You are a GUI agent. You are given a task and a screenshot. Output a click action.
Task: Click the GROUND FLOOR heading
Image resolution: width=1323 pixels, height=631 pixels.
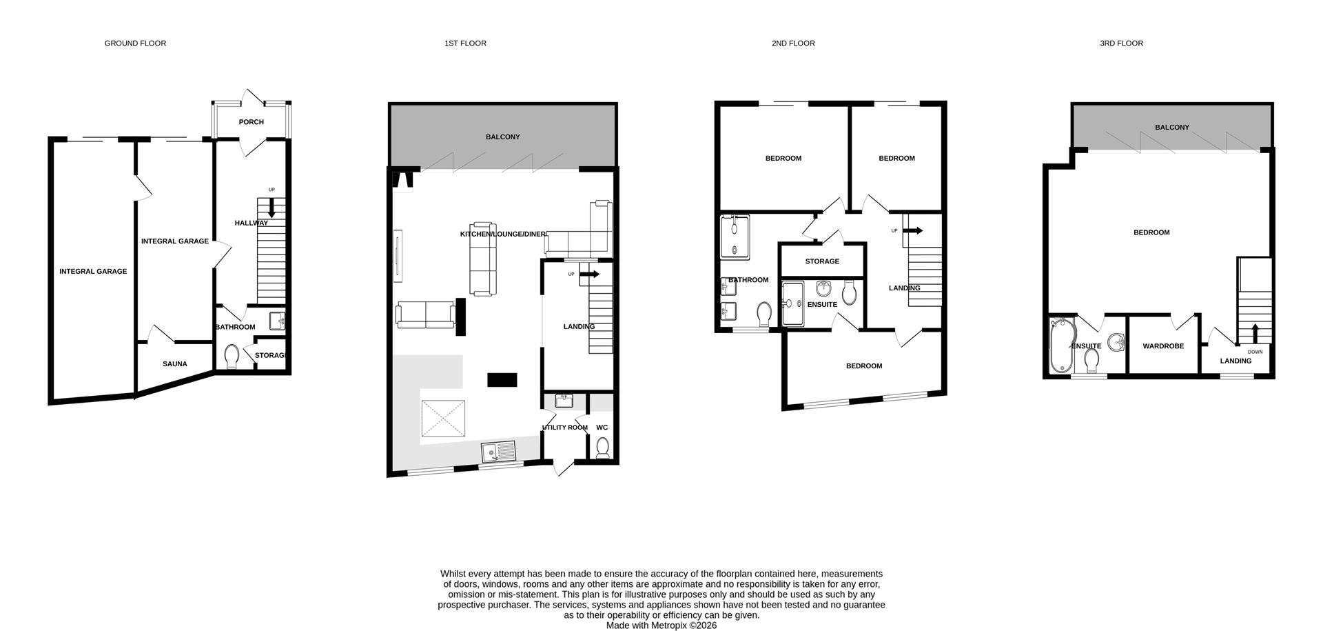(135, 43)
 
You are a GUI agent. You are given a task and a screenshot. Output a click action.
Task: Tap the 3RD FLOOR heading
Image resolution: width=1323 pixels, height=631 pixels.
(1121, 43)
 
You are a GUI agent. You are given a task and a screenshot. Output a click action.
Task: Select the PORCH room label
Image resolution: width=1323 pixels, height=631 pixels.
(251, 122)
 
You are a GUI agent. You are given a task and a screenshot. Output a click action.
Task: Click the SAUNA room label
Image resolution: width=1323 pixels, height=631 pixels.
(174, 364)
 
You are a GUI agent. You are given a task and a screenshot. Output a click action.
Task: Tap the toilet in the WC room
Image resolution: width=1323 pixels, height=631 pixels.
(603, 448)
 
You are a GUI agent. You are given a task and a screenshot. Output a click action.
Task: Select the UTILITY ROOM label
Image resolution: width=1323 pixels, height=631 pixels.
(565, 428)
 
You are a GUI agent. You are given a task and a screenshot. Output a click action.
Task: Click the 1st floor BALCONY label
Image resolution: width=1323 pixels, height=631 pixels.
(502, 137)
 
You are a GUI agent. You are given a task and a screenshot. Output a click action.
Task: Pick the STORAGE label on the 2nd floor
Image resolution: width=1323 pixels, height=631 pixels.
(821, 261)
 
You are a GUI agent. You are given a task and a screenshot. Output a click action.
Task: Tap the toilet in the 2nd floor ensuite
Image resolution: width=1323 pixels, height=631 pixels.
(849, 292)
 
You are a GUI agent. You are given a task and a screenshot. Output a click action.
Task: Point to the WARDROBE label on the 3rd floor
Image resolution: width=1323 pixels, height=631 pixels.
(1163, 346)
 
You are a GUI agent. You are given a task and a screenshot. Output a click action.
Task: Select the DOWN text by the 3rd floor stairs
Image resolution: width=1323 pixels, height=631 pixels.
(1255, 352)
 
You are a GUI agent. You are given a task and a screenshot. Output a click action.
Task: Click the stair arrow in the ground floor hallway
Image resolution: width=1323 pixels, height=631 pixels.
(271, 208)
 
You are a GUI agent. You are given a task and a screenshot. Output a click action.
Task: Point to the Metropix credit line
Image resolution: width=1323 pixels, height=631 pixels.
(661, 625)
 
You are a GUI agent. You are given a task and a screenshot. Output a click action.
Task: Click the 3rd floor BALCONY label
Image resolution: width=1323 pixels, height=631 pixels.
(1172, 128)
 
